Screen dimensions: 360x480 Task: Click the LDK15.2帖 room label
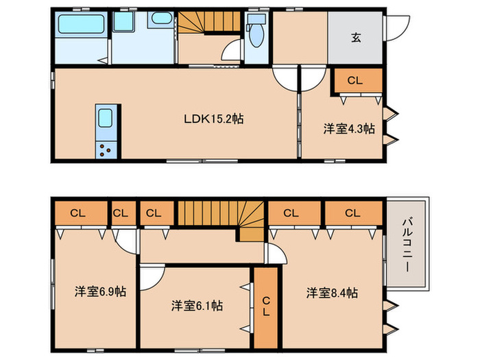point(213,119)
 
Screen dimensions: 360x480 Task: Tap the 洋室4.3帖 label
point(349,128)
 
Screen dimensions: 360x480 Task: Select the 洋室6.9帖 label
point(100,291)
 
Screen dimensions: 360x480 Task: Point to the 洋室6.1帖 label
point(196,304)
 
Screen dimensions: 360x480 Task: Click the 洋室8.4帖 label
point(332,293)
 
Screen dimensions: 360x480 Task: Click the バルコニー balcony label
point(407,244)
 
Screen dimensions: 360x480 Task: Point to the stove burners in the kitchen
point(107,149)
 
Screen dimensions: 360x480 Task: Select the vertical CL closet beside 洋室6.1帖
point(265,307)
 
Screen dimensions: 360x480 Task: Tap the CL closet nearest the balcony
point(352,213)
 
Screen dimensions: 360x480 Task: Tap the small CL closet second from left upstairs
point(121,213)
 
